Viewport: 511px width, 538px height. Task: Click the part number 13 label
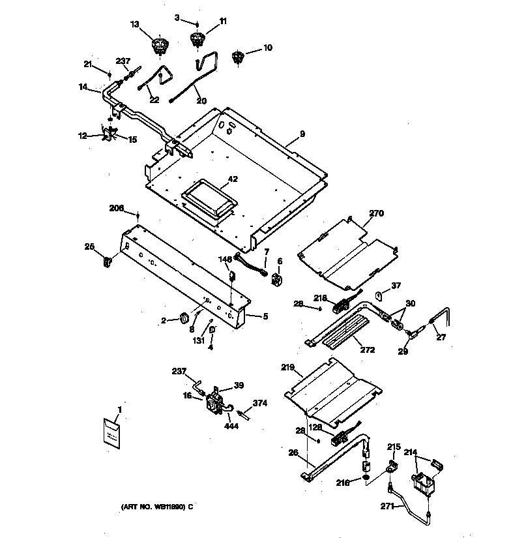point(135,24)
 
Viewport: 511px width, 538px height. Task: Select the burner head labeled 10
point(238,59)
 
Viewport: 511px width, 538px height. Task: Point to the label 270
point(377,213)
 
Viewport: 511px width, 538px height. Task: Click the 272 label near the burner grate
point(368,350)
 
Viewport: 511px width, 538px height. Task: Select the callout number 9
point(302,134)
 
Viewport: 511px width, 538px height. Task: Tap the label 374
point(260,403)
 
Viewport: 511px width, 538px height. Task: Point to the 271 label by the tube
point(387,505)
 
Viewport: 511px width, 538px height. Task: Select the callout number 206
point(116,208)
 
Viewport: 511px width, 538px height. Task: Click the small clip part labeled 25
point(108,262)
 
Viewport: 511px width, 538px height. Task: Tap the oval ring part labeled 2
point(184,318)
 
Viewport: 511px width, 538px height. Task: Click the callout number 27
point(441,338)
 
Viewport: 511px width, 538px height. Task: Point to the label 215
point(393,447)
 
